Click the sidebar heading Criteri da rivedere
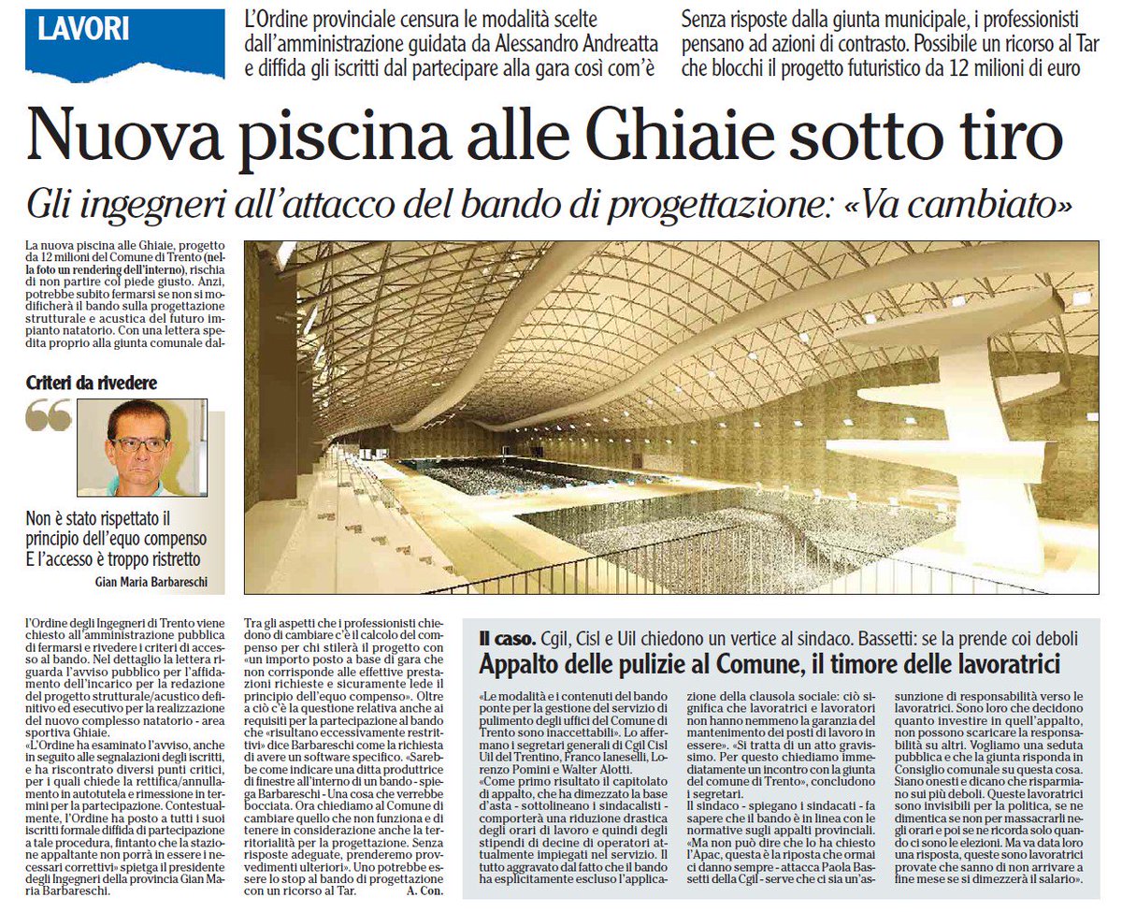tap(92, 384)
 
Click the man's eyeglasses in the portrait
tap(139, 444)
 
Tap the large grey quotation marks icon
tap(49, 416)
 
